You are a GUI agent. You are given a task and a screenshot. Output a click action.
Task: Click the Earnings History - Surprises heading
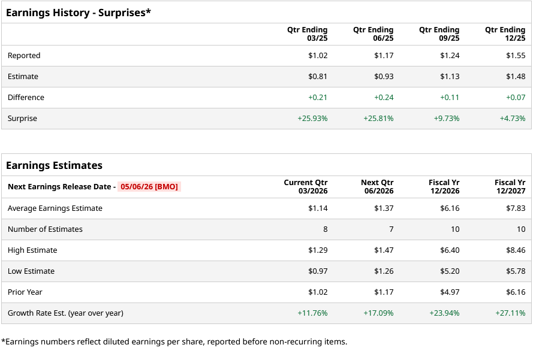(x=78, y=12)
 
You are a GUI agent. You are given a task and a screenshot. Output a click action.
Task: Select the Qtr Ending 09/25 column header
(x=439, y=34)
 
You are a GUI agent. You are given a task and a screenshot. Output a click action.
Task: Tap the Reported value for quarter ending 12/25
(x=515, y=56)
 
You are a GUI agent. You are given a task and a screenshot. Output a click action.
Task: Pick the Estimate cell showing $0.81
(x=318, y=77)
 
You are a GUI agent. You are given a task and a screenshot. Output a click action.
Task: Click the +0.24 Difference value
(x=384, y=98)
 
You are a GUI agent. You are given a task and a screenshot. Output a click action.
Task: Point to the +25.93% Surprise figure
(x=312, y=119)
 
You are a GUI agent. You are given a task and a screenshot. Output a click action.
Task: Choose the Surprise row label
(x=22, y=119)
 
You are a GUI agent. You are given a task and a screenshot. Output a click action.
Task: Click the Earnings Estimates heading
(x=54, y=165)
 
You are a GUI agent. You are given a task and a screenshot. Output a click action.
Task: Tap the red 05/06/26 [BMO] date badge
(x=149, y=186)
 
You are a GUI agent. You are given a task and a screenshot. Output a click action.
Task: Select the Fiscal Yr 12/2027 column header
(x=510, y=186)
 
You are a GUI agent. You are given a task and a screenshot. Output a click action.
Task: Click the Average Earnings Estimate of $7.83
(x=515, y=208)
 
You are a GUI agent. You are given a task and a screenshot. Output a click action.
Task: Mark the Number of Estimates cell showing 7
(x=391, y=229)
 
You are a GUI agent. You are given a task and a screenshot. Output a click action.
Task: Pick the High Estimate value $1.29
(x=318, y=250)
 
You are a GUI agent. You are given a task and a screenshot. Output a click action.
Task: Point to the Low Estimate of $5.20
(x=449, y=271)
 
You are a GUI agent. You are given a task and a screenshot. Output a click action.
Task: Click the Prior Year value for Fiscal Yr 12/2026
(x=449, y=292)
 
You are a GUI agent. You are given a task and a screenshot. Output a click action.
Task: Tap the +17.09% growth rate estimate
(x=378, y=313)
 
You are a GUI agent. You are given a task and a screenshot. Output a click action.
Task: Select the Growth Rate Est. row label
(x=65, y=313)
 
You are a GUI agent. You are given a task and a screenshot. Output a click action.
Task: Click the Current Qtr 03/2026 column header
(x=306, y=186)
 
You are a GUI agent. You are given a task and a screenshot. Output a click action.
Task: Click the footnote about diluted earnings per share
(x=174, y=341)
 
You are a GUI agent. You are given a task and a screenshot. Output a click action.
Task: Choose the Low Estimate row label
(x=31, y=271)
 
